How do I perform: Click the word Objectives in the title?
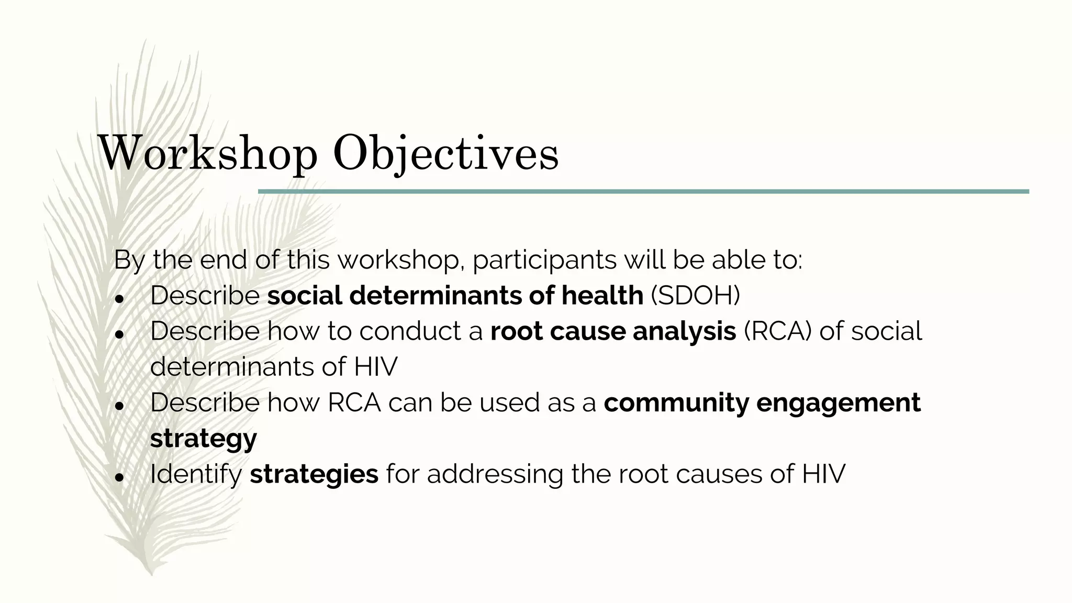445,154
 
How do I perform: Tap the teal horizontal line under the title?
643,192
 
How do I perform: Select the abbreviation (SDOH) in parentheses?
696,295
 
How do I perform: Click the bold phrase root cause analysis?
613,331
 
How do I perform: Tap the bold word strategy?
203,439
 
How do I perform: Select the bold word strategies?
314,474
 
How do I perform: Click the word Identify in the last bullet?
196,474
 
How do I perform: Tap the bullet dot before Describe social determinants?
119,299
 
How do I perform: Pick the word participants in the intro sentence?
544,260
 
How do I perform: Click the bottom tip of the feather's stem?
152,574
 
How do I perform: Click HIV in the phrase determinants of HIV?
375,367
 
